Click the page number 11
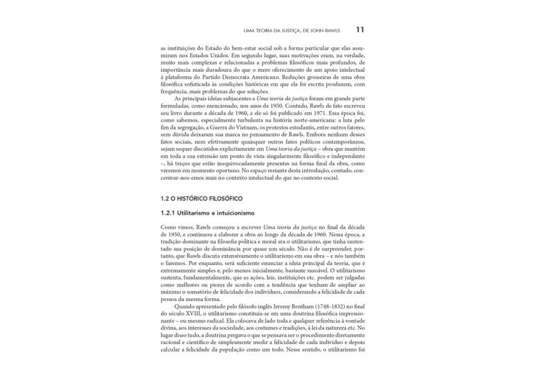359,29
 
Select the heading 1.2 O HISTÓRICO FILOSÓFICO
202,199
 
